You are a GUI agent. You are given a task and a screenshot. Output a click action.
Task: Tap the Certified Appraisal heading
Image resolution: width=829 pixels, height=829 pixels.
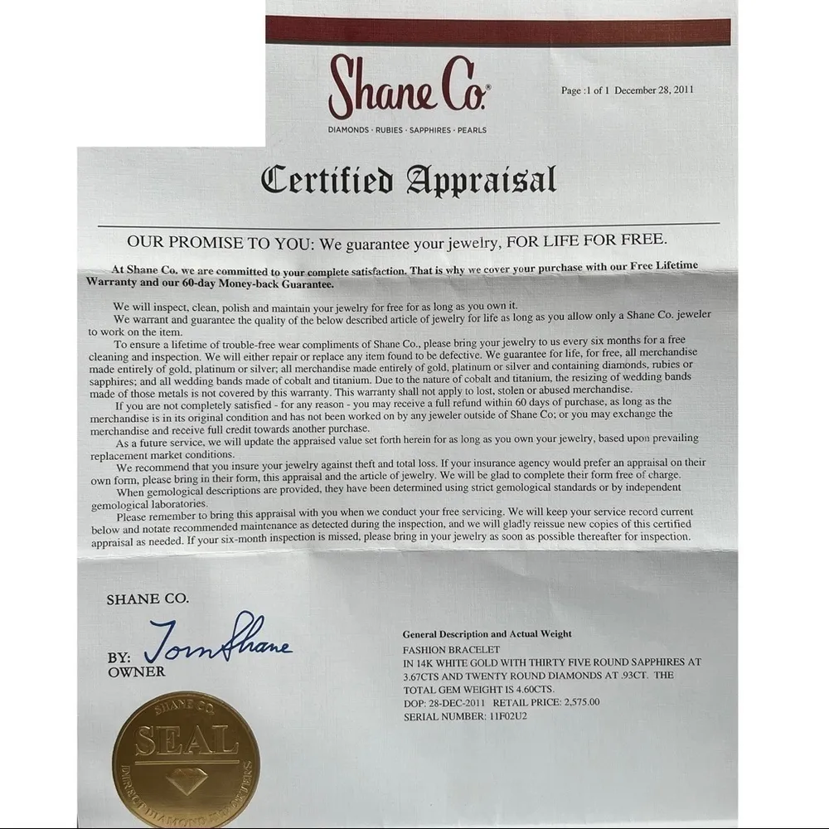[408, 180]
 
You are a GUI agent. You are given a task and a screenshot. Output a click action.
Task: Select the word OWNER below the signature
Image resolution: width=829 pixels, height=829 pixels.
[136, 672]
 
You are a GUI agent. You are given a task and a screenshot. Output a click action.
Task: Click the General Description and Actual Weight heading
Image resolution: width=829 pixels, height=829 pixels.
[487, 634]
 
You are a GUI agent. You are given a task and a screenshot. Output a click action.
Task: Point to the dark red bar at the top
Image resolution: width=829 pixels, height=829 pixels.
[497, 32]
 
